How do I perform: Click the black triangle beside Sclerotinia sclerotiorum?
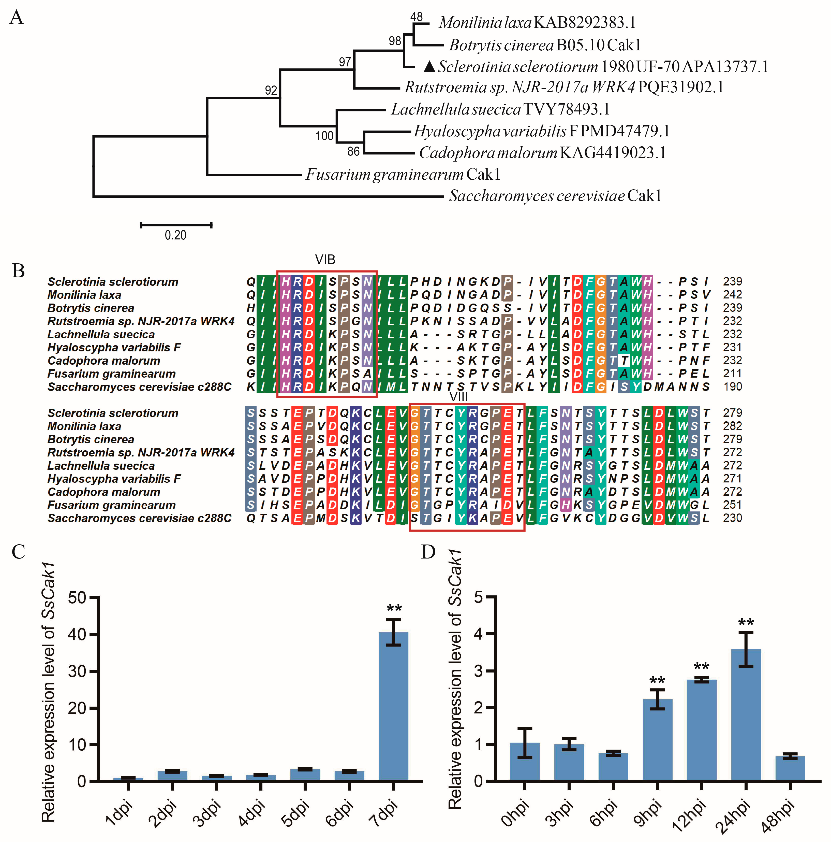coord(429,66)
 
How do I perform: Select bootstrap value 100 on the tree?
coord(324,136)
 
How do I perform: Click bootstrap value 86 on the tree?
coord(353,151)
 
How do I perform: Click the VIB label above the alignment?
coord(325,259)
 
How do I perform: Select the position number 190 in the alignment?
coord(732,387)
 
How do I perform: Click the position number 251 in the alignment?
coord(732,505)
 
